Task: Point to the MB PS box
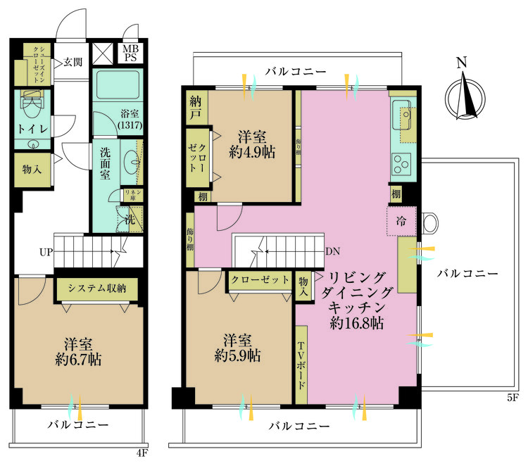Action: [132, 53]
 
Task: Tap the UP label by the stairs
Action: [46, 251]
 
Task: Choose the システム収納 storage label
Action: [96, 287]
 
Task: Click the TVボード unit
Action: [301, 365]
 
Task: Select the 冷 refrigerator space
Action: [401, 220]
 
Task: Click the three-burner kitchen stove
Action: [402, 164]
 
